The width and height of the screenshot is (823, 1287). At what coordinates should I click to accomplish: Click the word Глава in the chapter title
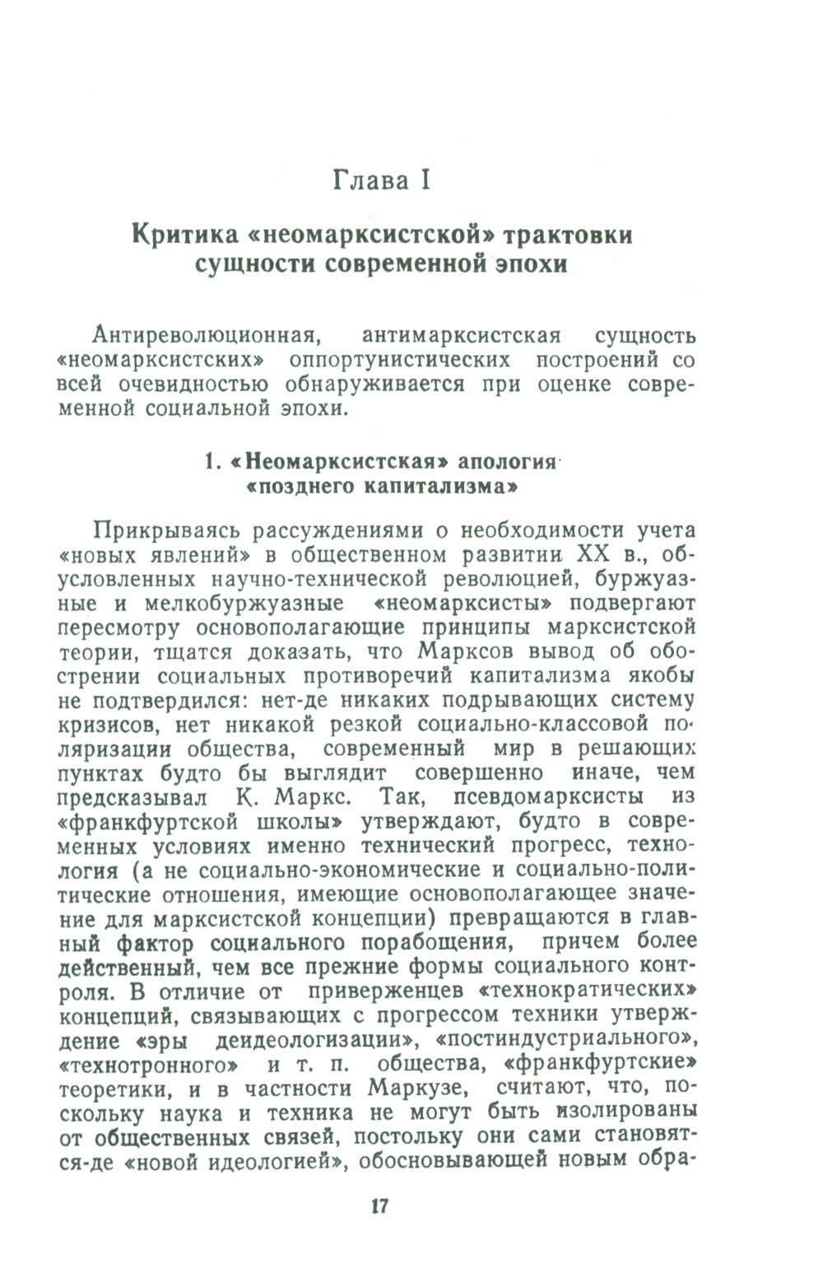(x=369, y=180)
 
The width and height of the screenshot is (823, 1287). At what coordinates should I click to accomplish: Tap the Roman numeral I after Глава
(x=425, y=180)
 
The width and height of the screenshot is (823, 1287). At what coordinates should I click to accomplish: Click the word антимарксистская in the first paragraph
(x=461, y=336)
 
